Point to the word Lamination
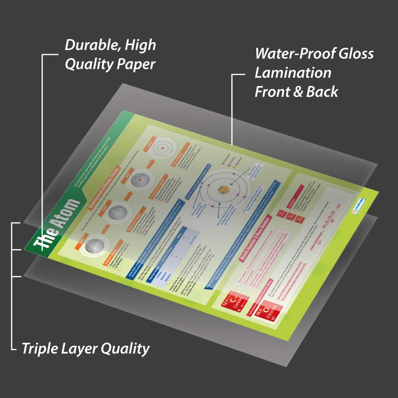pos(293,73)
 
